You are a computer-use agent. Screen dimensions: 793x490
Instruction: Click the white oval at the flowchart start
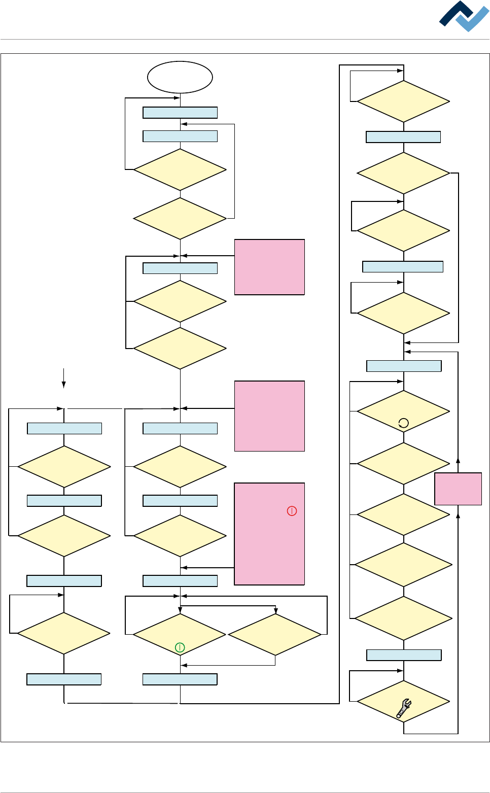pyautogui.click(x=180, y=77)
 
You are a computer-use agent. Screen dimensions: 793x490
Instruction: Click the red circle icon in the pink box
pyautogui.click(x=292, y=511)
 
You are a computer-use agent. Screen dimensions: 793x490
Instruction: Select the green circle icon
pyautogui.click(x=180, y=647)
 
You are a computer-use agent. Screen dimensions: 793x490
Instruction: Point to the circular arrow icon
pyautogui.click(x=403, y=423)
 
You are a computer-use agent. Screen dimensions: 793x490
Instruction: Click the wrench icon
pyautogui.click(x=404, y=708)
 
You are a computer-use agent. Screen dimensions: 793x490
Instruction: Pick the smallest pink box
pyautogui.click(x=458, y=489)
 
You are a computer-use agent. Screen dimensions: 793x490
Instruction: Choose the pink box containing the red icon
pyautogui.click(x=269, y=534)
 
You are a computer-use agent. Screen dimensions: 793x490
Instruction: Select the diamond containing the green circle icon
pyautogui.click(x=180, y=634)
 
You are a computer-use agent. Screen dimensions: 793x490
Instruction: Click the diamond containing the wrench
pyautogui.click(x=403, y=701)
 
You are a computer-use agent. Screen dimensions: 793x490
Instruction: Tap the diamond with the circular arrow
pyautogui.click(x=403, y=411)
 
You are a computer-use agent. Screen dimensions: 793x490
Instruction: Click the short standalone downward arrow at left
pyautogui.click(x=63, y=378)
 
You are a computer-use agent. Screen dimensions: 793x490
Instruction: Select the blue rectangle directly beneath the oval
pyautogui.click(x=180, y=113)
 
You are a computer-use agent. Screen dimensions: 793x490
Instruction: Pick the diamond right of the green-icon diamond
pyautogui.click(x=275, y=634)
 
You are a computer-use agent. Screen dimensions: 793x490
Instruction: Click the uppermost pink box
pyautogui.click(x=269, y=267)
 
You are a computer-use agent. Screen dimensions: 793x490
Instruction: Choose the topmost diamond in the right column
pyautogui.click(x=403, y=101)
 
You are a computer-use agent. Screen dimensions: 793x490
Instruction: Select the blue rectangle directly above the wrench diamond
pyautogui.click(x=404, y=655)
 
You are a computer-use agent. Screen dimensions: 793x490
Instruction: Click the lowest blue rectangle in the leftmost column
pyautogui.click(x=64, y=679)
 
